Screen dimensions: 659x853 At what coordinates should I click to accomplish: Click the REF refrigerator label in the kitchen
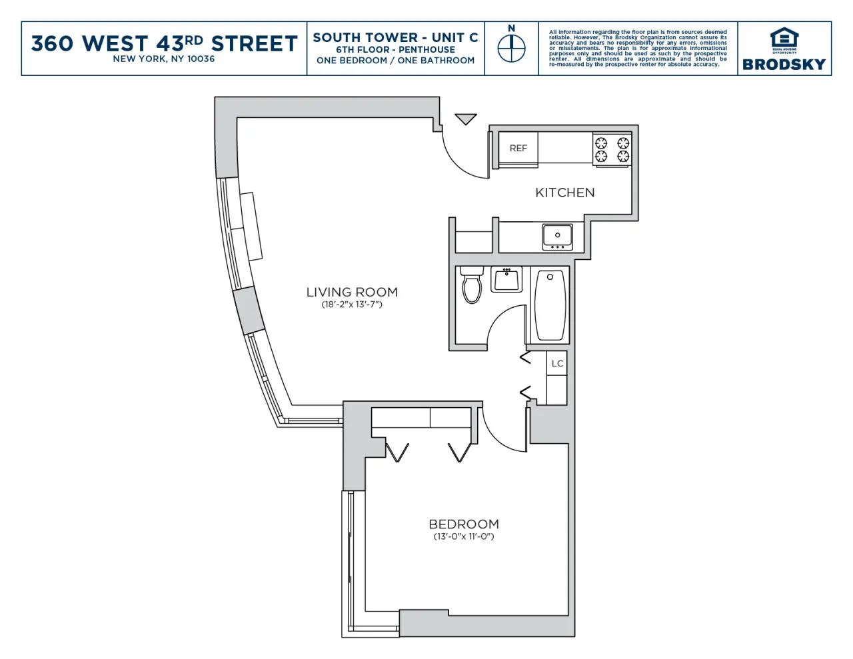click(518, 149)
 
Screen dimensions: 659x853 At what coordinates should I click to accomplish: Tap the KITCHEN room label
click(564, 193)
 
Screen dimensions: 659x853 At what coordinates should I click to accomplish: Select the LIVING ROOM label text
click(352, 292)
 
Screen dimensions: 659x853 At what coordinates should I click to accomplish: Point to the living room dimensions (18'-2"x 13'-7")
click(352, 305)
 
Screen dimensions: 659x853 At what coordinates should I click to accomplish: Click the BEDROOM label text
click(464, 524)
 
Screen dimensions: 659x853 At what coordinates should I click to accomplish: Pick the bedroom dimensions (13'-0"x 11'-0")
click(464, 537)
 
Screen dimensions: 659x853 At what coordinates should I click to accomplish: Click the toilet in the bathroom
click(472, 285)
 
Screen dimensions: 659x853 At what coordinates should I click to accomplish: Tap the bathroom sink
click(506, 279)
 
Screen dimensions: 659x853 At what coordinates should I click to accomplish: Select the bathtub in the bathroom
click(550, 305)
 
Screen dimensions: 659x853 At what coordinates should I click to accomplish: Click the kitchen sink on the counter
click(557, 237)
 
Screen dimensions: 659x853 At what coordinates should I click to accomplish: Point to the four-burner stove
click(612, 149)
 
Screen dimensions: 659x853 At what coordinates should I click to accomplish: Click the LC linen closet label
click(557, 364)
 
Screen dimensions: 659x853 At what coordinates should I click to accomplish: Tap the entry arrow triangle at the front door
click(466, 119)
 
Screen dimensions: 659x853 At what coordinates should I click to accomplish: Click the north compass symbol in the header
click(511, 48)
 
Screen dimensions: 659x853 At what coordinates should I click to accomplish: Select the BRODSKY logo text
click(784, 65)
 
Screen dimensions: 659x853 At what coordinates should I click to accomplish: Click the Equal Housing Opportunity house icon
click(784, 38)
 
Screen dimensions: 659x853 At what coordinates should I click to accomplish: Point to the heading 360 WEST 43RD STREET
click(164, 43)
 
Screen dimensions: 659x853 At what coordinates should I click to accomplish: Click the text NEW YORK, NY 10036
click(164, 59)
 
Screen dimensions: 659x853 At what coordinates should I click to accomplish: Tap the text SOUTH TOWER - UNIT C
click(395, 37)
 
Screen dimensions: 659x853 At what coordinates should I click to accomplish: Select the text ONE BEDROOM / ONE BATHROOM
click(395, 61)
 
